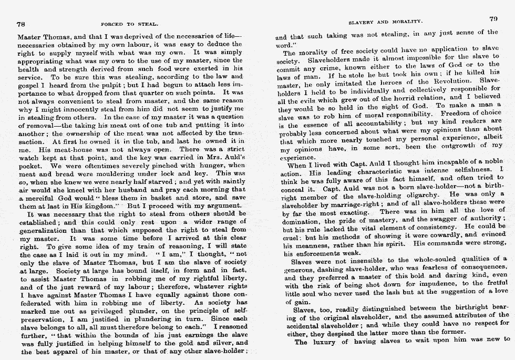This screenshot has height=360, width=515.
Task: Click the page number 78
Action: (22, 24)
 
